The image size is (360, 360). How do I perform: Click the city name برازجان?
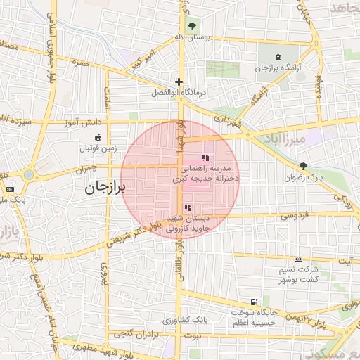click(x=105, y=188)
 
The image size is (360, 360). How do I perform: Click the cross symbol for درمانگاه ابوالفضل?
click(x=179, y=82)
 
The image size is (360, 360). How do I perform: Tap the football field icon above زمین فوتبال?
click(x=98, y=136)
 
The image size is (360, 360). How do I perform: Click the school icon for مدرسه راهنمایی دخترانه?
click(x=205, y=158)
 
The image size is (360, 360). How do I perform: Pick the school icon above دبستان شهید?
click(x=187, y=207)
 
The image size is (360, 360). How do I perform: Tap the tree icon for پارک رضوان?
click(x=303, y=167)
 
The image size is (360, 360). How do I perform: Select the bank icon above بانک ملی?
click(x=10, y=190)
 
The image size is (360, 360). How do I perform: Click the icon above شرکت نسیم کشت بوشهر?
click(x=298, y=259)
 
